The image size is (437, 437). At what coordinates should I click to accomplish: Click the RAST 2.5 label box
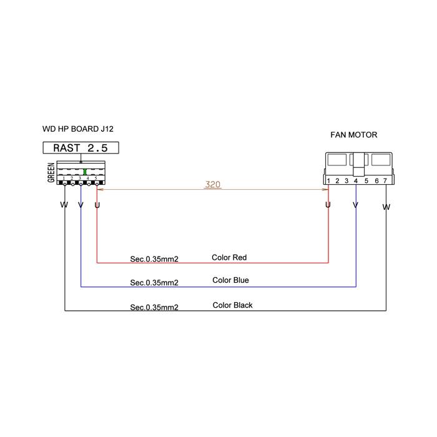pyautogui.click(x=81, y=148)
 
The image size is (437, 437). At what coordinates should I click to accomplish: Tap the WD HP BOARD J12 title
pyautogui.click(x=78, y=129)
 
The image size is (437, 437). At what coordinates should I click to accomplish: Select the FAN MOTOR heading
pyautogui.click(x=354, y=135)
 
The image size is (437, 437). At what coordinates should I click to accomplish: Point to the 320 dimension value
pyautogui.click(x=213, y=184)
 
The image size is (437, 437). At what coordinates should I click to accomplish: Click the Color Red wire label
pyautogui.click(x=229, y=257)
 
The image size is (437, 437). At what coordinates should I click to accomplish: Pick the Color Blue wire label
pyautogui.click(x=230, y=280)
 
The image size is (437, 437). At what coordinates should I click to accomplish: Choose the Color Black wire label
pyautogui.click(x=232, y=305)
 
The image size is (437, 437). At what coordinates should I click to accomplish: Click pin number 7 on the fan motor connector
pyautogui.click(x=385, y=181)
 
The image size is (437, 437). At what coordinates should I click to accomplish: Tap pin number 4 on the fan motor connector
pyautogui.click(x=356, y=181)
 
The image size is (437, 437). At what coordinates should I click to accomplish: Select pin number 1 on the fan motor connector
pyautogui.click(x=328, y=181)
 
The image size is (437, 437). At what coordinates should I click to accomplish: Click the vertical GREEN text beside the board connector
pyautogui.click(x=51, y=173)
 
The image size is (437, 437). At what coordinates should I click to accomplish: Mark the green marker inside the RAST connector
pyautogui.click(x=85, y=172)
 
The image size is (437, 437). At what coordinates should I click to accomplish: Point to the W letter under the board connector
pyautogui.click(x=64, y=205)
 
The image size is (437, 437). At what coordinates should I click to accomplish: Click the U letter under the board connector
pyautogui.click(x=97, y=205)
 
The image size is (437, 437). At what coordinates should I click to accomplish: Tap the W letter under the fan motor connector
pyautogui.click(x=386, y=207)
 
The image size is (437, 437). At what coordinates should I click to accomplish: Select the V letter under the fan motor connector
pyautogui.click(x=355, y=205)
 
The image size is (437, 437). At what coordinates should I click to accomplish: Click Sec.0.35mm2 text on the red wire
pyautogui.click(x=154, y=259)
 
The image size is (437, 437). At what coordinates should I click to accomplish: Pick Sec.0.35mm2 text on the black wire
pyautogui.click(x=154, y=307)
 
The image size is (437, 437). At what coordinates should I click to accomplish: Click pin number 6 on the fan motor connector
pyautogui.click(x=376, y=181)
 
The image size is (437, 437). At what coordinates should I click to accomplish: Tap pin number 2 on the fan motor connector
pyautogui.click(x=337, y=181)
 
